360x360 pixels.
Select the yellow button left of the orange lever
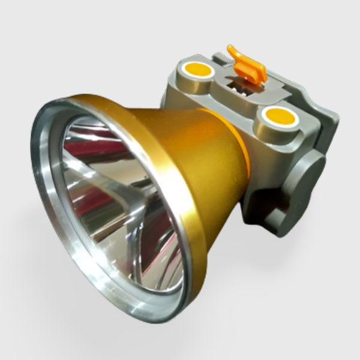(x=197, y=71)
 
